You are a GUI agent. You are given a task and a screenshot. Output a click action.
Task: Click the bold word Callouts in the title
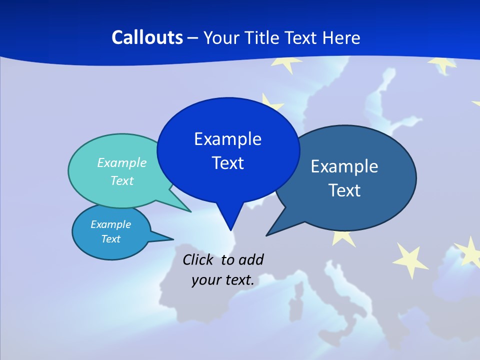pyautogui.click(x=147, y=37)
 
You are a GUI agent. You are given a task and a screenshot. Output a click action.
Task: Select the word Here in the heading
pyautogui.click(x=341, y=37)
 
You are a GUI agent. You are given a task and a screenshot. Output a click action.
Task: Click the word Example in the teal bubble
pyautogui.click(x=122, y=162)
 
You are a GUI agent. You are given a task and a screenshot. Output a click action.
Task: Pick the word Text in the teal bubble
pyautogui.click(x=122, y=180)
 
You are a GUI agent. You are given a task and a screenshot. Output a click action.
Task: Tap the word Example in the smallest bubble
pyautogui.click(x=110, y=224)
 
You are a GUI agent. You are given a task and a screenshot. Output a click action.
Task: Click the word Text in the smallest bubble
pyautogui.click(x=110, y=239)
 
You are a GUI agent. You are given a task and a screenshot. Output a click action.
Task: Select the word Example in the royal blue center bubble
pyautogui.click(x=227, y=139)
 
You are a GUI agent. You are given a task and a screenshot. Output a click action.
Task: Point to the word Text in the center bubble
pyautogui.click(x=227, y=163)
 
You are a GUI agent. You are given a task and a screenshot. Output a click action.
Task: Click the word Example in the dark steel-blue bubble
pyautogui.click(x=344, y=166)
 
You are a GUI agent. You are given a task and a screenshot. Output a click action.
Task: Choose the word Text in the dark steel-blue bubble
pyautogui.click(x=344, y=190)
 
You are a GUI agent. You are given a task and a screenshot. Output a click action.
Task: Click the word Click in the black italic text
pyautogui.click(x=199, y=260)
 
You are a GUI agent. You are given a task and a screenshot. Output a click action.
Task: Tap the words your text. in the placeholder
pyautogui.click(x=222, y=280)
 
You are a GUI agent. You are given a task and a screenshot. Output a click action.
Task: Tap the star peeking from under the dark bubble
pyautogui.click(x=344, y=236)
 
